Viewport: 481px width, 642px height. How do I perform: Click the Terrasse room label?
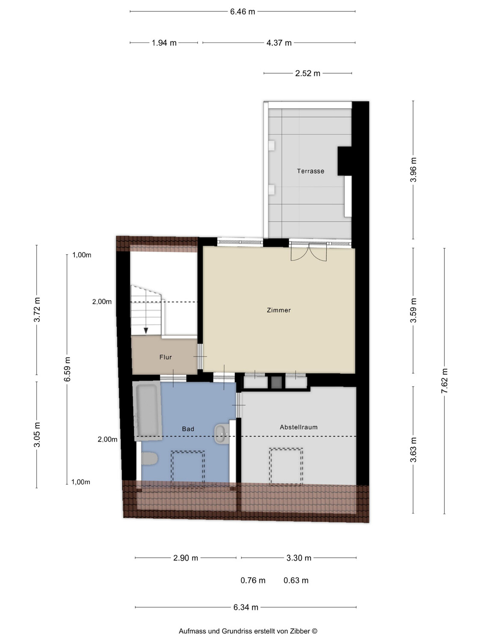[310, 171]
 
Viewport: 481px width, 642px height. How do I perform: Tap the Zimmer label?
[279, 310]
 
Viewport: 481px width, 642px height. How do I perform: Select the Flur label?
[165, 357]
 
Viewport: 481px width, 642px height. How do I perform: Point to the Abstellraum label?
[298, 427]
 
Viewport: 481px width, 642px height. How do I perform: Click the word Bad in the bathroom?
[188, 429]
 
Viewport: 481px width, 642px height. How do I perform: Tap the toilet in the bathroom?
[149, 459]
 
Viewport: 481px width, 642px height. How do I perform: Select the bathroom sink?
[222, 434]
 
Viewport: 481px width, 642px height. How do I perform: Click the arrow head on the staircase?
[146, 331]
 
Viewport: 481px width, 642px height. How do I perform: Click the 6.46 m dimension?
[242, 12]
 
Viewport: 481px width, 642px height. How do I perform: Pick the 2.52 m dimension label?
[307, 74]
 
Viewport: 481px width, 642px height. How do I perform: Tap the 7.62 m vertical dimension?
[444, 380]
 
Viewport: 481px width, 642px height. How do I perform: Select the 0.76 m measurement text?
[253, 580]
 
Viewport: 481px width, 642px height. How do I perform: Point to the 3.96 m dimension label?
[413, 169]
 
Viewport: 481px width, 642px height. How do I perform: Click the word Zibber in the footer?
[300, 631]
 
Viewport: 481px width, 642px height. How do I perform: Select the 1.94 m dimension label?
[164, 43]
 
